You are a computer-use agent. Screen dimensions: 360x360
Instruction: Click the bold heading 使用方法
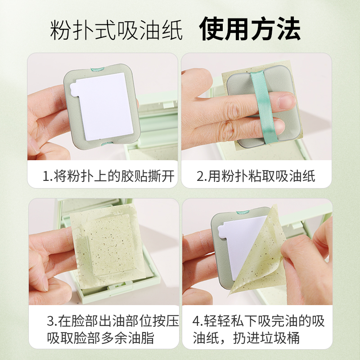coord(250,29)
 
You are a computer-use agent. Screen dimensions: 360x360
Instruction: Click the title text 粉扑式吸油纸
coord(116,30)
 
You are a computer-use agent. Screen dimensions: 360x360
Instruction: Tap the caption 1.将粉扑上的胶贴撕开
coord(108,176)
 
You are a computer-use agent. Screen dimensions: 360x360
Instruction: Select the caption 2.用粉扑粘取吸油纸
coord(256,176)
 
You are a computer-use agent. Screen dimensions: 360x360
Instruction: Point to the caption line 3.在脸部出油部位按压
coord(113,321)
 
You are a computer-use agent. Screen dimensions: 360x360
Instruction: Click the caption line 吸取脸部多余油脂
coord(100,338)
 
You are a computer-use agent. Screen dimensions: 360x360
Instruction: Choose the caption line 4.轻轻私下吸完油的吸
coord(258,321)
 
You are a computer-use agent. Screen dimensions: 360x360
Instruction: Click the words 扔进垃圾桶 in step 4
coord(266,338)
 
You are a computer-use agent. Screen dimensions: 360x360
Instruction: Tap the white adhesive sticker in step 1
coord(103,106)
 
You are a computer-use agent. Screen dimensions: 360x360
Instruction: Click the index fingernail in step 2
coord(286,102)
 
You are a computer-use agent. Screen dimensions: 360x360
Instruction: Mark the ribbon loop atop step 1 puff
coord(97,69)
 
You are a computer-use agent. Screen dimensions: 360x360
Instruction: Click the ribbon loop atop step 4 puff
coord(243,212)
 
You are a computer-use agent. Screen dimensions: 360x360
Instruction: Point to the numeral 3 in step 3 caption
coord(50,321)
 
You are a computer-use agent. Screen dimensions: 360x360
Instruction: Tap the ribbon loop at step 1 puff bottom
coord(108,144)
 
